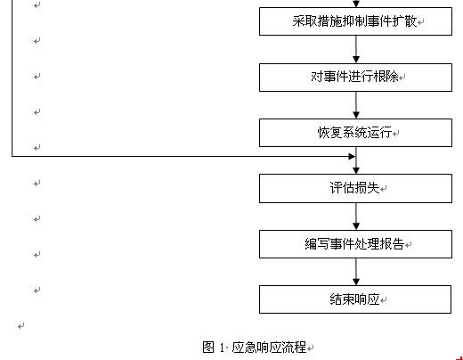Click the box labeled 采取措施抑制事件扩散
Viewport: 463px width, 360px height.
(355, 21)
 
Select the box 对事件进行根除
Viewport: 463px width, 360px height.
(355, 78)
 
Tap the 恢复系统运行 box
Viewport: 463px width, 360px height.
(355, 133)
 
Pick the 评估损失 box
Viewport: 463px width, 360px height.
(355, 188)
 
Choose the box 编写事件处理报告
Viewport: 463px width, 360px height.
(355, 244)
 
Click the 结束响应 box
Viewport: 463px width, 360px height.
(355, 299)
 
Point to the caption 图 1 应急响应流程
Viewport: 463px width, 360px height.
(255, 347)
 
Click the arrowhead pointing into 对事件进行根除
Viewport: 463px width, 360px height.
(356, 59)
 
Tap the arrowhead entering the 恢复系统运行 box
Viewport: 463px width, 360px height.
(356, 115)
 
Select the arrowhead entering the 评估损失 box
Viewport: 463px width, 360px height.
(356, 170)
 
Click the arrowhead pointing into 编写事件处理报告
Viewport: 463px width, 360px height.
(356, 226)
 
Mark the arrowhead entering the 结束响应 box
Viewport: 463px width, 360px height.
(356, 282)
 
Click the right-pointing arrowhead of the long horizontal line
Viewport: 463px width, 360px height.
(352, 156)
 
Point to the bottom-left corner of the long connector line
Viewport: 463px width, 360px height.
(12, 156)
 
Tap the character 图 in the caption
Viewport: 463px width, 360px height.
(208, 347)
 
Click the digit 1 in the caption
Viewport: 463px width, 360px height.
(222, 348)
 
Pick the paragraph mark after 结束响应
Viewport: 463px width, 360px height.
(384, 300)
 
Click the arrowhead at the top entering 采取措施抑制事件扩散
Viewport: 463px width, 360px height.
(356, 4)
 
